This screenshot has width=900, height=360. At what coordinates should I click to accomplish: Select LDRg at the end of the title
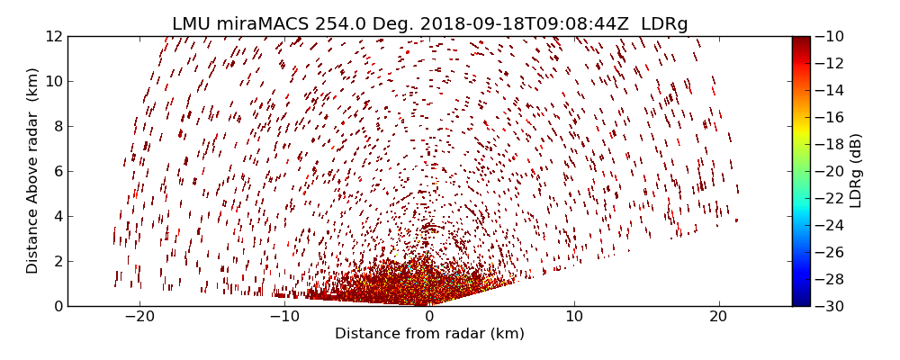pyautogui.click(x=664, y=24)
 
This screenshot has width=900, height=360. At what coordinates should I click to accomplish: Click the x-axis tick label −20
pyautogui.click(x=139, y=317)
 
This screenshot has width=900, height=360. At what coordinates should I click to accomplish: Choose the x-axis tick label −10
pyautogui.click(x=284, y=317)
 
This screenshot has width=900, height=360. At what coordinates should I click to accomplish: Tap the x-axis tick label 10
pyautogui.click(x=574, y=317)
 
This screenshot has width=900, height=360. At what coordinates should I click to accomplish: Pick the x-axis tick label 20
pyautogui.click(x=718, y=317)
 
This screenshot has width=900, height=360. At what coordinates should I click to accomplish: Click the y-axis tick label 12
pyautogui.click(x=53, y=36)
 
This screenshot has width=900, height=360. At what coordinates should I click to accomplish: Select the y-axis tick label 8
pyautogui.click(x=57, y=126)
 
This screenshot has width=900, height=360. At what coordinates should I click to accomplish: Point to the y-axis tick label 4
pyautogui.click(x=57, y=216)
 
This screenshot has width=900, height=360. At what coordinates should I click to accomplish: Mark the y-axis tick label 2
pyautogui.click(x=57, y=261)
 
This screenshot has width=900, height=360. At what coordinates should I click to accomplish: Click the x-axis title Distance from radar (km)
pyautogui.click(x=429, y=334)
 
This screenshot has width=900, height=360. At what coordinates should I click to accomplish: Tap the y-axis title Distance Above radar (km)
pyautogui.click(x=33, y=170)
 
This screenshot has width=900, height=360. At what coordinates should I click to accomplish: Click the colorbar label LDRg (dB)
pyautogui.click(x=856, y=170)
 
